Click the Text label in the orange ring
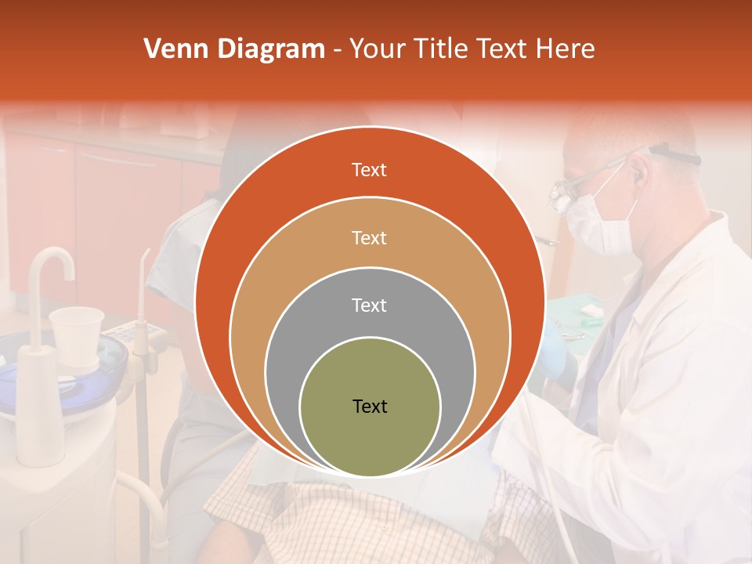pos(369,170)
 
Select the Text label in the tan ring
pos(369,237)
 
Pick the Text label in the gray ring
pos(369,305)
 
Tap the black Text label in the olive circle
pos(370,406)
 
